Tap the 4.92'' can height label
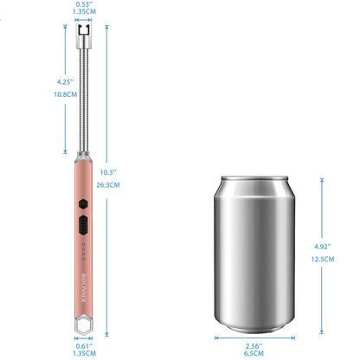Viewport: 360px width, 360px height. (325, 246)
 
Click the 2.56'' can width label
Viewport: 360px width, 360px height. (254, 344)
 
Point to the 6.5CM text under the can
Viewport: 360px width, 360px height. (254, 352)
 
